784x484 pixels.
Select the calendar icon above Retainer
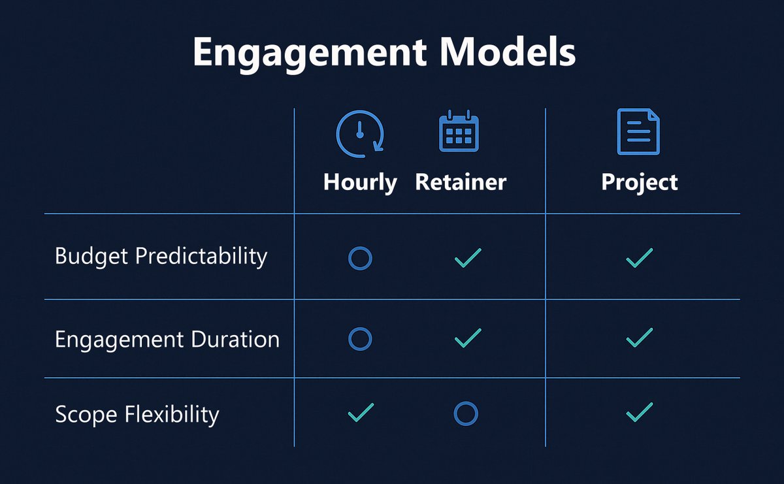459,133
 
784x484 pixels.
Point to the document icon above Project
638,132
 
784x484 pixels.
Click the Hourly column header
360,182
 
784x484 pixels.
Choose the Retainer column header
461,182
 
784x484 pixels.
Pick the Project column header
640,182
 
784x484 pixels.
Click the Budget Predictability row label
161,257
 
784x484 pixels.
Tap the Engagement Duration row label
167,340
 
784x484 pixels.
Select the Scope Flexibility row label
137,415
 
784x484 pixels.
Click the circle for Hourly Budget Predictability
360,258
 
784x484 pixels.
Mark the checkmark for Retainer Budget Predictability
468,257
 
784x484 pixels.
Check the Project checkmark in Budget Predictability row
639,257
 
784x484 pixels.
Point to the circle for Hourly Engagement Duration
360,338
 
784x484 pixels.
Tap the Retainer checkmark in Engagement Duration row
468,338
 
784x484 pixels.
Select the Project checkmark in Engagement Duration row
639,338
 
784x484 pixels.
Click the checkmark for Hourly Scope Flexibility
361,412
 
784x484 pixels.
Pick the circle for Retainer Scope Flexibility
466,413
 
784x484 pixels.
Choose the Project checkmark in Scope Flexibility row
639,412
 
